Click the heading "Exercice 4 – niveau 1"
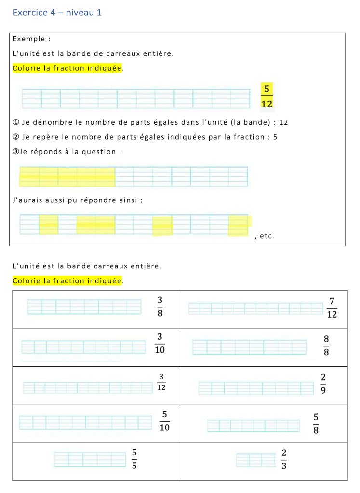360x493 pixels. [x=57, y=13]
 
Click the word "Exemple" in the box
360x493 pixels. [x=29, y=39]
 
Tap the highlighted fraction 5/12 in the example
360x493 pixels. [x=267, y=95]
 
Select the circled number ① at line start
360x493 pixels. [x=16, y=122]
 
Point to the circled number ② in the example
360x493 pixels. [x=16, y=137]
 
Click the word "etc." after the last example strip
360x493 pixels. [x=267, y=236]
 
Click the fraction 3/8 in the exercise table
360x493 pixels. [x=160, y=306]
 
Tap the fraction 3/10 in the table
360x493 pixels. [x=160, y=343]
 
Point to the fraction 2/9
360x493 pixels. [x=323, y=383]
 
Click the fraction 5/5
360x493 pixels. [x=134, y=458]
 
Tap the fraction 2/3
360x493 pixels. [x=284, y=459]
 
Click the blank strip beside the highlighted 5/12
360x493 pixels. [x=135, y=98]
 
